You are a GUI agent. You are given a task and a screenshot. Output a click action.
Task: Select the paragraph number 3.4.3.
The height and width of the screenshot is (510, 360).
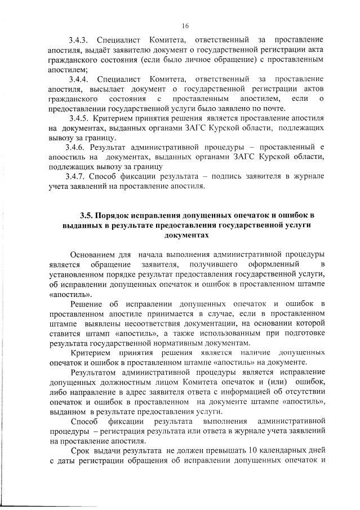[x=80, y=41]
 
